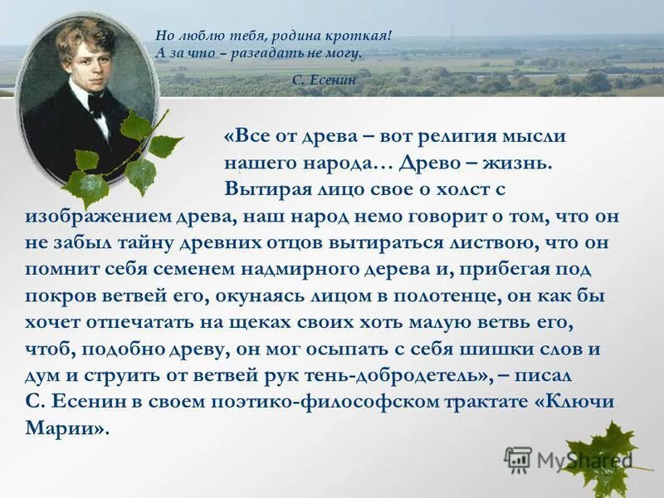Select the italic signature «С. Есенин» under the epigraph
[x=325, y=79]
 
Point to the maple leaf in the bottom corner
[x=610, y=452]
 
